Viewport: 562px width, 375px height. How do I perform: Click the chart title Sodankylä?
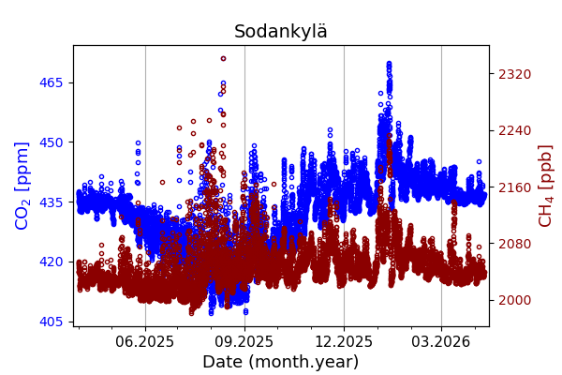(x=281, y=32)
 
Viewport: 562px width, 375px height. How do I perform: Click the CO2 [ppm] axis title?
(x=22, y=186)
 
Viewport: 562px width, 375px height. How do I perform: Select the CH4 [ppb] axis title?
(x=545, y=186)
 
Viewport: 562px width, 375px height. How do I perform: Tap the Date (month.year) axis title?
(x=280, y=362)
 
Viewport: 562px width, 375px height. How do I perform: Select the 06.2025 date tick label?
(x=145, y=342)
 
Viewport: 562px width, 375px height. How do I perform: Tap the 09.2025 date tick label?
(x=244, y=342)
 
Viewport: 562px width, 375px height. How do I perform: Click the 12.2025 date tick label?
(x=344, y=342)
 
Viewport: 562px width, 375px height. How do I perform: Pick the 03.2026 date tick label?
(x=441, y=342)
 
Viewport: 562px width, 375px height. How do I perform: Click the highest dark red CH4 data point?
(x=223, y=58)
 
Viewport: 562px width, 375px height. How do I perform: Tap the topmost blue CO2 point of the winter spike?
(x=389, y=64)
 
